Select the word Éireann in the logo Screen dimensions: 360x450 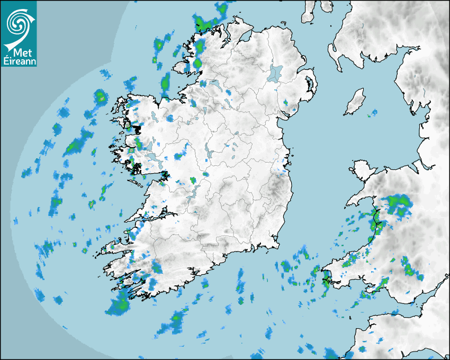(19, 61)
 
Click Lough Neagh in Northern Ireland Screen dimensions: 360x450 (275, 73)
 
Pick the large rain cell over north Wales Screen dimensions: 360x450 (398, 205)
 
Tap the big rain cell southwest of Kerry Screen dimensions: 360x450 (119, 304)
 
